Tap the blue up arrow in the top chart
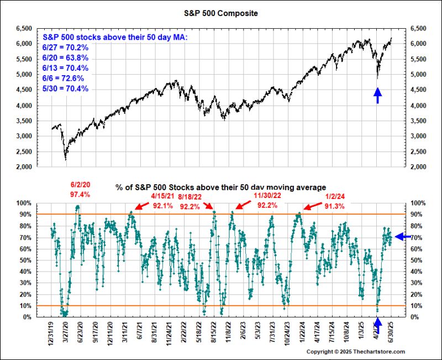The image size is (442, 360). [x=377, y=96]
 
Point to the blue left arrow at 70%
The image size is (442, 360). [x=403, y=237]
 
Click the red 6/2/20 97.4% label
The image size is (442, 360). [x=80, y=190]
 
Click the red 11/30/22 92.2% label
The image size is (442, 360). [x=267, y=200]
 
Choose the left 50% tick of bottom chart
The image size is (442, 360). [x=25, y=260]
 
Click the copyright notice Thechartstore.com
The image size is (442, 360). [x=356, y=352]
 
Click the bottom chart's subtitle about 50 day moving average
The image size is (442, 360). [x=220, y=188]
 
